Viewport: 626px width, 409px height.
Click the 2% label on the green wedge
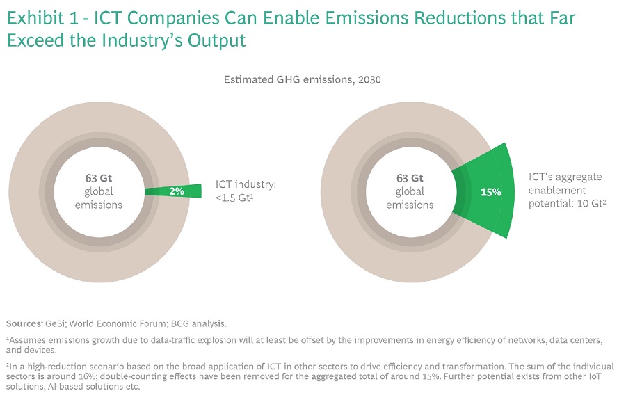click(x=176, y=191)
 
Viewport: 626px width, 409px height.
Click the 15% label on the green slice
click(x=490, y=191)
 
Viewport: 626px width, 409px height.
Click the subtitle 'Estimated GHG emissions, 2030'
click(x=302, y=80)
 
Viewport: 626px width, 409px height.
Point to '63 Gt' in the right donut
click(x=410, y=178)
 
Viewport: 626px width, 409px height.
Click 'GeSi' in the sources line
click(x=58, y=323)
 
